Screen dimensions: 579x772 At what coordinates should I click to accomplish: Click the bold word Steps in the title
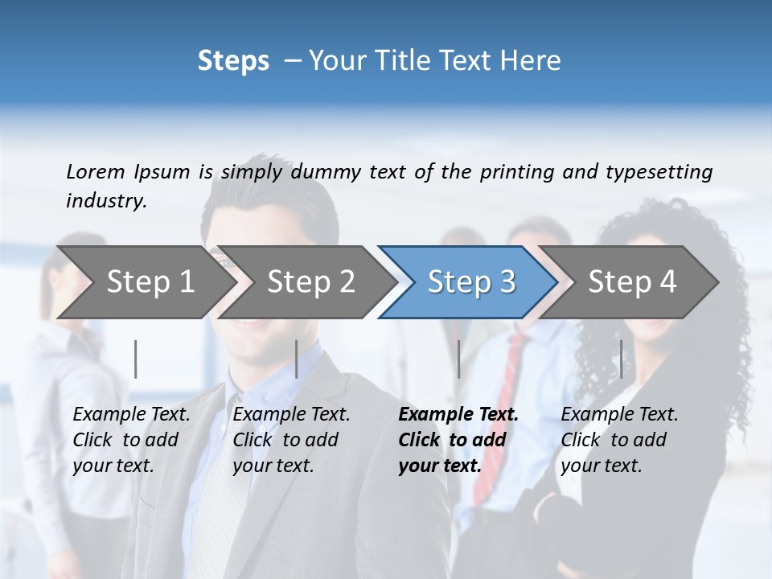pyautogui.click(x=233, y=61)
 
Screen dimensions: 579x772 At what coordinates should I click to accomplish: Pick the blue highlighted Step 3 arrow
pyautogui.click(x=471, y=281)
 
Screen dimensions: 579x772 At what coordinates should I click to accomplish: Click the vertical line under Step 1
pyautogui.click(x=136, y=359)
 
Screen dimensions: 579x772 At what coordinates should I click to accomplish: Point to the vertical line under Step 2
pyautogui.click(x=297, y=359)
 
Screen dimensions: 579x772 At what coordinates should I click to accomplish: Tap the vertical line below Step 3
pyautogui.click(x=458, y=359)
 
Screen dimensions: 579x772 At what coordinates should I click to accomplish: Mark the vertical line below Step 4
pyautogui.click(x=621, y=359)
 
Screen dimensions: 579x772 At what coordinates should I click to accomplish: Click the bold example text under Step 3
pyautogui.click(x=458, y=440)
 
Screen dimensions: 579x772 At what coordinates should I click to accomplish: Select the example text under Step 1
pyautogui.click(x=131, y=440)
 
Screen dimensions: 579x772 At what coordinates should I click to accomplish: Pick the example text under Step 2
pyautogui.click(x=291, y=440)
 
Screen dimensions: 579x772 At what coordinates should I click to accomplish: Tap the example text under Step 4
pyautogui.click(x=619, y=440)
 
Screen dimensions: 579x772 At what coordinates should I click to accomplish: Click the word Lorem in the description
pyautogui.click(x=96, y=171)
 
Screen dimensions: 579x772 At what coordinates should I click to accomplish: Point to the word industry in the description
pyautogui.click(x=106, y=201)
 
